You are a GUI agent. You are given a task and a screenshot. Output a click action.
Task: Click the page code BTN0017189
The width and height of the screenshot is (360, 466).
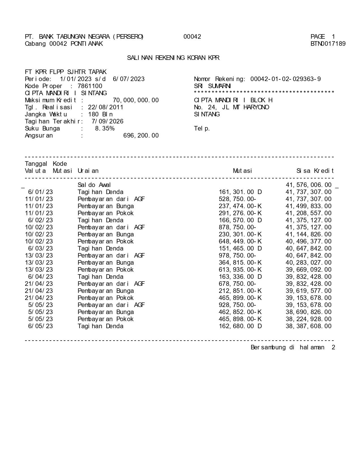point(328,44)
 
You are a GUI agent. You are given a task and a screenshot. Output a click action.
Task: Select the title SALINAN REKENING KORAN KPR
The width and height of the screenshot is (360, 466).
point(173,58)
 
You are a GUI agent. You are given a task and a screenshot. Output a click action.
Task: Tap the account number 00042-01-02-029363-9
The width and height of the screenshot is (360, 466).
point(285,79)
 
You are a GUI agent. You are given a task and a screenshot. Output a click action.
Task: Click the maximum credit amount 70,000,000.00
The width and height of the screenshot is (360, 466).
point(136,100)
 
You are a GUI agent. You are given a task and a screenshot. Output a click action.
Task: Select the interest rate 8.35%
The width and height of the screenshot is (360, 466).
point(105,129)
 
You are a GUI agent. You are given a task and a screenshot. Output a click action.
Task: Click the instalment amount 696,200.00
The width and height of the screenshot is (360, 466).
point(141,136)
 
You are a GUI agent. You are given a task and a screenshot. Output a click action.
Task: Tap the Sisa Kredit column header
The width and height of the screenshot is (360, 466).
point(315,171)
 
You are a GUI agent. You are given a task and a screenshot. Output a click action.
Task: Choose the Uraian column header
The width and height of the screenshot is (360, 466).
point(88,171)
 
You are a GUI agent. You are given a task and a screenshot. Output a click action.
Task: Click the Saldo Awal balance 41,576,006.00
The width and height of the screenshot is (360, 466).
point(309,185)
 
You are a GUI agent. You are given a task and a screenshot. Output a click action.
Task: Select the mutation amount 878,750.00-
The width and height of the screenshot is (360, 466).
point(237,227)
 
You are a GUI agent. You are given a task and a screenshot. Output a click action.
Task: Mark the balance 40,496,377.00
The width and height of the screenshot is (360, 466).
point(309,241)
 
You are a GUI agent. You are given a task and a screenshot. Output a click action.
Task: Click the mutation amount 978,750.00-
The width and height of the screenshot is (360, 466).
point(237,256)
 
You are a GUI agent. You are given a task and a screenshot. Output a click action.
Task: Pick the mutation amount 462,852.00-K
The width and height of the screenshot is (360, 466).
point(240,312)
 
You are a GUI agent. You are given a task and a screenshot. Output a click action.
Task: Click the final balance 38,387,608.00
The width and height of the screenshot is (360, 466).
point(309,326)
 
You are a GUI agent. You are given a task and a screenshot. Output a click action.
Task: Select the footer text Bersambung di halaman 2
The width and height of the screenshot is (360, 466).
point(293,347)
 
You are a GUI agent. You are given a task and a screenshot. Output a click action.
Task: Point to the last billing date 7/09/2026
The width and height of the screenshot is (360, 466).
point(108,121)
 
